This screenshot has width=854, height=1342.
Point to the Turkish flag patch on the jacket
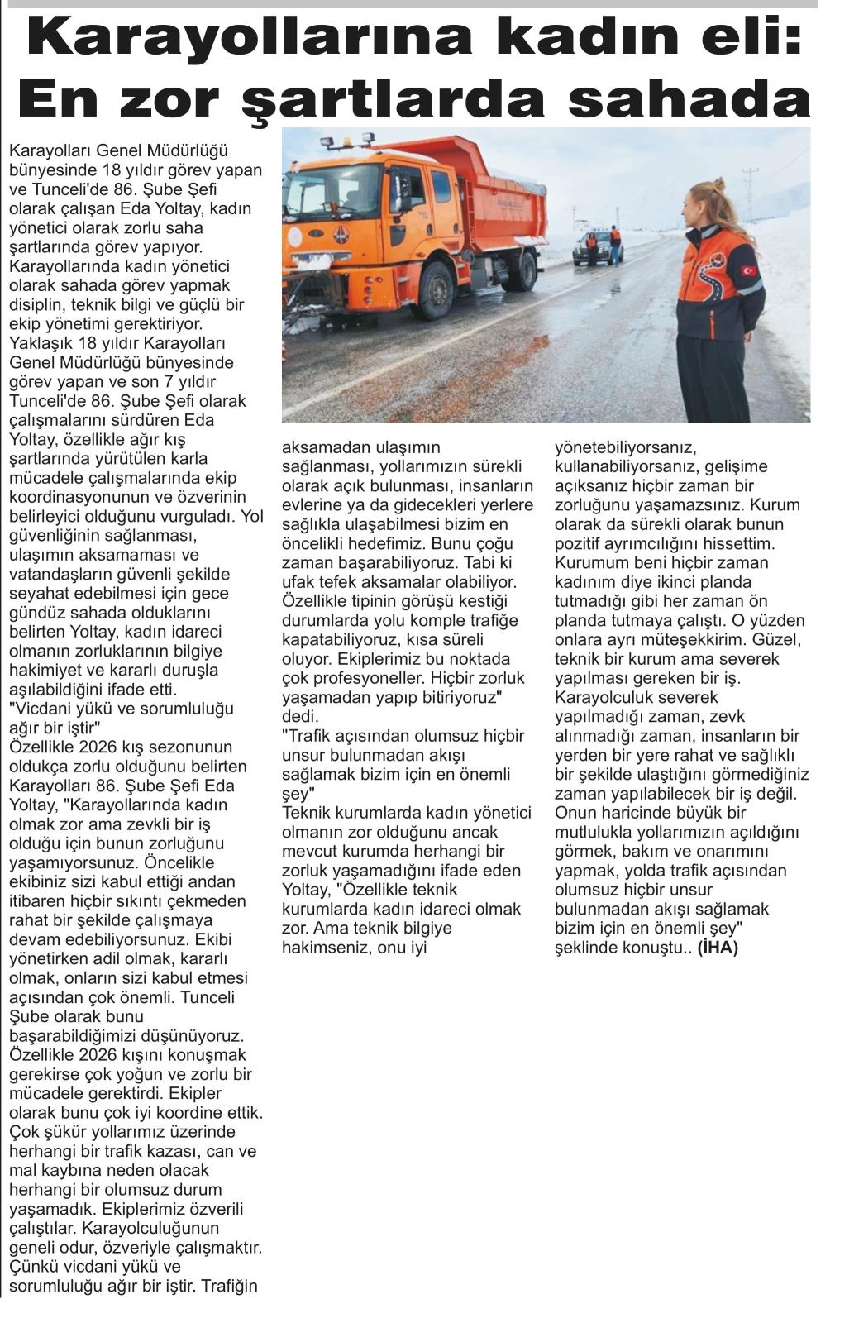pyautogui.click(x=749, y=270)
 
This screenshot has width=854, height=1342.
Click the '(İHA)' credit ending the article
pyautogui.click(x=718, y=948)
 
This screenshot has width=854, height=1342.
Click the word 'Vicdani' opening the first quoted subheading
pyautogui.click(x=41, y=709)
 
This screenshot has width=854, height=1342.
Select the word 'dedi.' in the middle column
pyautogui.click(x=300, y=716)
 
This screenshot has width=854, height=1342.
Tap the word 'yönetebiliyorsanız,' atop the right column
pyautogui.click(x=625, y=447)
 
